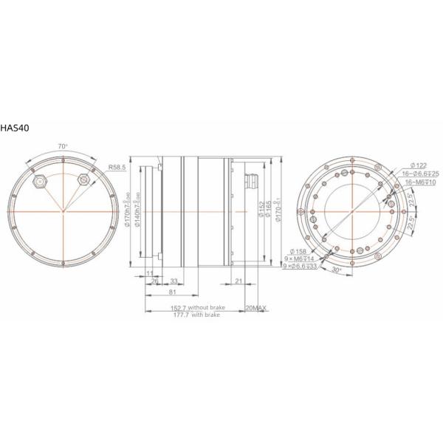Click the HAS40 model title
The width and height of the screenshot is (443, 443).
coord(16,128)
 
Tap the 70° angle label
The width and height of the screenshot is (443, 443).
coord(63,147)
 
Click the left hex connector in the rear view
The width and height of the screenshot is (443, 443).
coord(39,179)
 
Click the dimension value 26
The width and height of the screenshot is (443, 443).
coord(154,281)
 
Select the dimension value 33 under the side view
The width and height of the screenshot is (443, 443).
coord(174,281)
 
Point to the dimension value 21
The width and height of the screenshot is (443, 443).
coord(238,281)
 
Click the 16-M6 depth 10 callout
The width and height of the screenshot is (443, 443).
coord(418,182)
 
